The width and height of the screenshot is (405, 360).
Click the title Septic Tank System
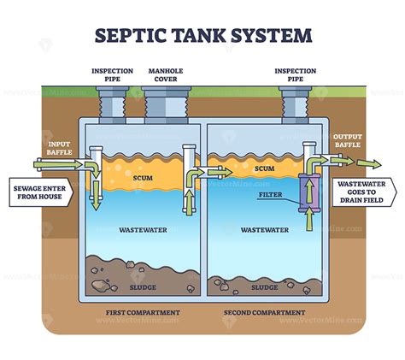pyautogui.click(x=202, y=35)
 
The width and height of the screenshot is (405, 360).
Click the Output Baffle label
pyautogui.click(x=348, y=141)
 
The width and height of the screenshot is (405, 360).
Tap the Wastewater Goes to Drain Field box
pyautogui.click(x=365, y=192)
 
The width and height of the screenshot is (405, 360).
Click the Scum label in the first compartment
pyautogui.click(x=143, y=179)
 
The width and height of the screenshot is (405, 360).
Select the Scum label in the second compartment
pyautogui.click(x=264, y=169)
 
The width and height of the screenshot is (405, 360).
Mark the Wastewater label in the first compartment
pyautogui.click(x=143, y=230)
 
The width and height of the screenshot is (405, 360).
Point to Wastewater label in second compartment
pyautogui.click(x=264, y=230)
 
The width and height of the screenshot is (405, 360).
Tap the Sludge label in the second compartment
pyautogui.click(x=264, y=288)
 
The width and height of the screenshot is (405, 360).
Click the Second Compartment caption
pyautogui.click(x=264, y=313)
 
